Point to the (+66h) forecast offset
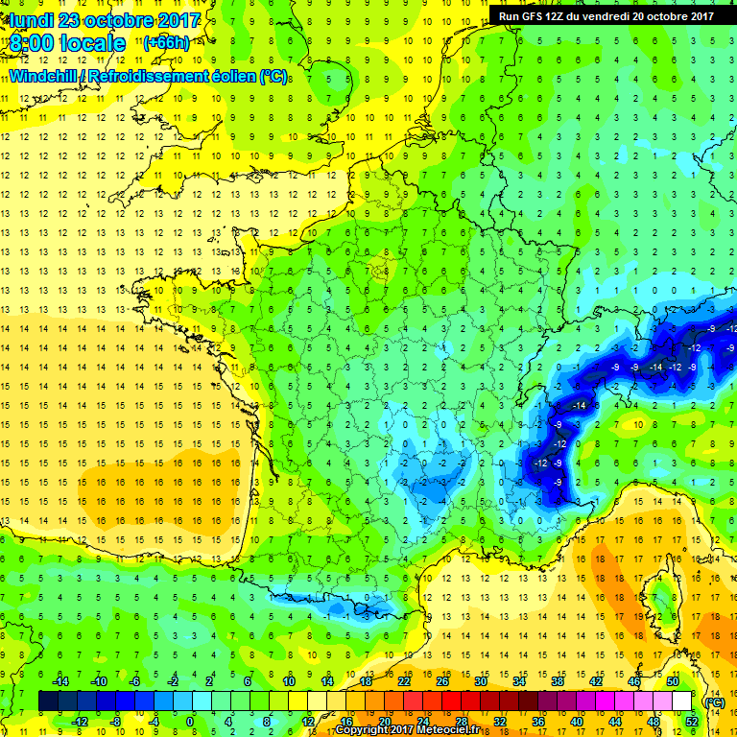[x=166, y=43]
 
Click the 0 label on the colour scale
[x=190, y=721]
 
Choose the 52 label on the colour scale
[x=691, y=721]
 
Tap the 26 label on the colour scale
[x=442, y=681]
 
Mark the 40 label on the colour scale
[x=576, y=721]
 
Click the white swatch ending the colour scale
[x=681, y=701]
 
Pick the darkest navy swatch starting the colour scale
[x=48, y=701]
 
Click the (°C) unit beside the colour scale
[x=713, y=701]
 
